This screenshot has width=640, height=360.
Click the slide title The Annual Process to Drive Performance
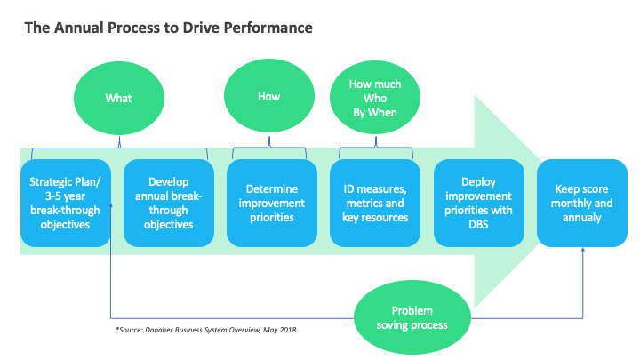[x=168, y=28]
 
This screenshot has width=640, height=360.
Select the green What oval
[x=118, y=97]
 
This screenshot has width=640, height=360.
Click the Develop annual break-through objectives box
[x=168, y=203]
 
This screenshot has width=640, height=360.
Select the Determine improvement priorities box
[x=272, y=203]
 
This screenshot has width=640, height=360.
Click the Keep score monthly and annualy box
[x=583, y=203]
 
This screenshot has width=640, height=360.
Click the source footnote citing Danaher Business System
[x=206, y=330]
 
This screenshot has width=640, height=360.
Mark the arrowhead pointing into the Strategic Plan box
[x=111, y=206]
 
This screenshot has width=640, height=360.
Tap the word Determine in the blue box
[x=272, y=189]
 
